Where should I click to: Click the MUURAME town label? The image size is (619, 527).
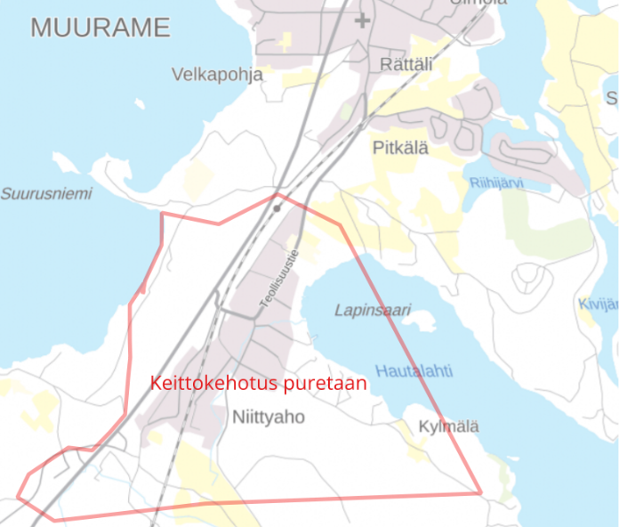pyautogui.click(x=100, y=28)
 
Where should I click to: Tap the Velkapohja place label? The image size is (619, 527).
pyautogui.click(x=218, y=75)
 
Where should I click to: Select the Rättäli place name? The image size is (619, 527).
pyautogui.click(x=406, y=64)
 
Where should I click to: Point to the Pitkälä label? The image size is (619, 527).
pyautogui.click(x=399, y=148)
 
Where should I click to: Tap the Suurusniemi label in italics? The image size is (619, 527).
pyautogui.click(x=45, y=193)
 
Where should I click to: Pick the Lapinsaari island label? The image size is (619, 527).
pyautogui.click(x=373, y=310)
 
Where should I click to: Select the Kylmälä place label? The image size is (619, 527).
pyautogui.click(x=449, y=426)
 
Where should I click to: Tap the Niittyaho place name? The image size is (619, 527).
pyautogui.click(x=268, y=416)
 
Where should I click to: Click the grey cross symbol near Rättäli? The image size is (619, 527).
pyautogui.click(x=362, y=20)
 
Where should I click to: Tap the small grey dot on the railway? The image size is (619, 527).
pyautogui.click(x=277, y=207)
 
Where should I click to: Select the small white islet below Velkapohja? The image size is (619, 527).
pyautogui.click(x=141, y=104)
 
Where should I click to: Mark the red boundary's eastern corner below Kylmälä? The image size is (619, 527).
pyautogui.click(x=480, y=492)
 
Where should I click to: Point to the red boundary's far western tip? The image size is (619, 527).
pyautogui.click(x=19, y=495)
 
